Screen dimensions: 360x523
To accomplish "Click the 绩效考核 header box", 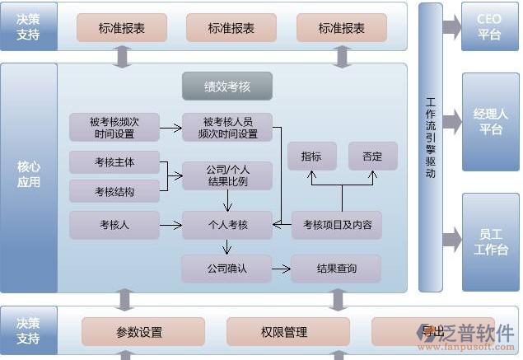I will [x=226, y=86].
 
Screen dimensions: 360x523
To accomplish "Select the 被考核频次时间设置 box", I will [x=114, y=127].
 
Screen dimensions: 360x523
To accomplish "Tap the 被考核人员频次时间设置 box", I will [x=227, y=127].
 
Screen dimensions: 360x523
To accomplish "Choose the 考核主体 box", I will [x=114, y=162].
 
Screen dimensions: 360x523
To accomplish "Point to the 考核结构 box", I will [x=114, y=192].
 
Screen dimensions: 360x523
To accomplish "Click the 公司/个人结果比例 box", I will [x=227, y=175].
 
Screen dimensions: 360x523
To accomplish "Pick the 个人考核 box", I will [x=227, y=224].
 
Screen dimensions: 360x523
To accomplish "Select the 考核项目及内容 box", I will [x=337, y=224].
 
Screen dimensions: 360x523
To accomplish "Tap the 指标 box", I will [x=311, y=156].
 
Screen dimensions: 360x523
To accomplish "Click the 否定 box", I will [x=372, y=156].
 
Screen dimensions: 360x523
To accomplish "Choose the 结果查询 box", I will [x=336, y=269].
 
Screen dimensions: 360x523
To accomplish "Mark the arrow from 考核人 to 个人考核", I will [x=170, y=224].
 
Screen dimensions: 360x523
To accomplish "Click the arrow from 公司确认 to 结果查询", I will [x=282, y=269].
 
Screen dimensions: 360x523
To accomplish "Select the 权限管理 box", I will [x=283, y=332].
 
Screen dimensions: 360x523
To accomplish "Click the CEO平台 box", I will [x=489, y=26].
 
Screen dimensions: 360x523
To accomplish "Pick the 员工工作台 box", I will [x=491, y=242].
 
